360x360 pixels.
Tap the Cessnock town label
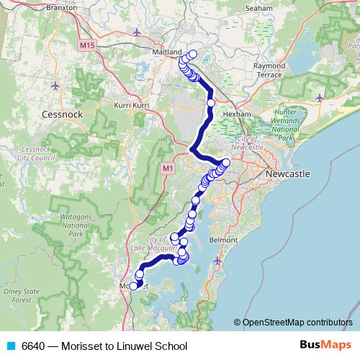click(x=63, y=114)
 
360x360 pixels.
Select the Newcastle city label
click(x=287, y=175)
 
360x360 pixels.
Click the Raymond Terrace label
click(x=270, y=70)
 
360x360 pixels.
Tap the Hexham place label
click(x=236, y=114)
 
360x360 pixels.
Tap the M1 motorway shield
click(x=168, y=168)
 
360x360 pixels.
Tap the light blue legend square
click(x=10, y=346)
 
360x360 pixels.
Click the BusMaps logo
click(x=322, y=346)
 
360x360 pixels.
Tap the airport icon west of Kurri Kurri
click(x=57, y=86)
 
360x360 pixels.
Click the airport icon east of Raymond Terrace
click(x=320, y=97)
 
